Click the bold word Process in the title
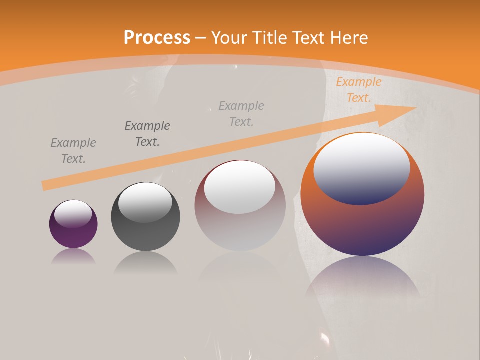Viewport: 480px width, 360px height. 157,38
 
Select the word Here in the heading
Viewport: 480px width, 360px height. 349,38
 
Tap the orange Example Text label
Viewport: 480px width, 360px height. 358,90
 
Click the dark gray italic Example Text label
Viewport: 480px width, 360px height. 147,133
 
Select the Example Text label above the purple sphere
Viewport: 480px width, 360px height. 73,151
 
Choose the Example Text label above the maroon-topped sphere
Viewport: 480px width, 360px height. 241,113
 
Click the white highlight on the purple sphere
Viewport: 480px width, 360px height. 73,213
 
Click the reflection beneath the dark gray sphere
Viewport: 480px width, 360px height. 145,262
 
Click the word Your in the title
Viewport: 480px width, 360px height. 228,38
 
